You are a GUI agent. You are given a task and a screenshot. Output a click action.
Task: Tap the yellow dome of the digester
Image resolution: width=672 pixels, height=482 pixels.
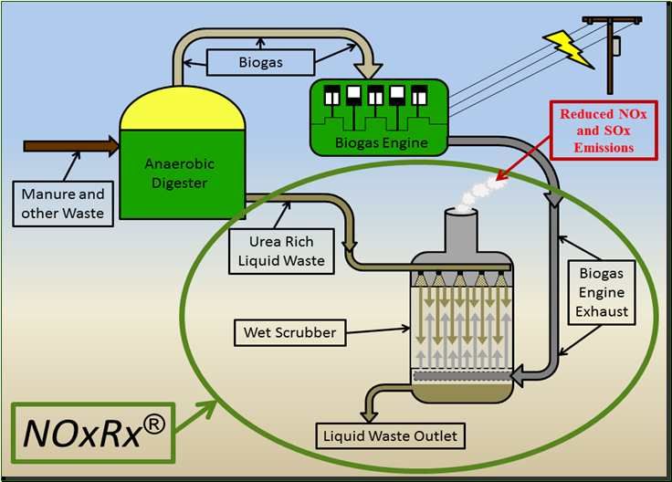(x=183, y=112)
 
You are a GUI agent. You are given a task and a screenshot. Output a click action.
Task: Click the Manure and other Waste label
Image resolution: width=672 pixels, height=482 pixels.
(x=64, y=203)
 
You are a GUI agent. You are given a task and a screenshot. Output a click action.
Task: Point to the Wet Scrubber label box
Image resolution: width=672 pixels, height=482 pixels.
(x=289, y=332)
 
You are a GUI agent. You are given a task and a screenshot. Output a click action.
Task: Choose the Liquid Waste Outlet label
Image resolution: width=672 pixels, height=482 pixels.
(x=391, y=435)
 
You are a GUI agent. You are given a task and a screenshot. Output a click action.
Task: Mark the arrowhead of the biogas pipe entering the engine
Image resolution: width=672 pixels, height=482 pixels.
(x=372, y=70)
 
